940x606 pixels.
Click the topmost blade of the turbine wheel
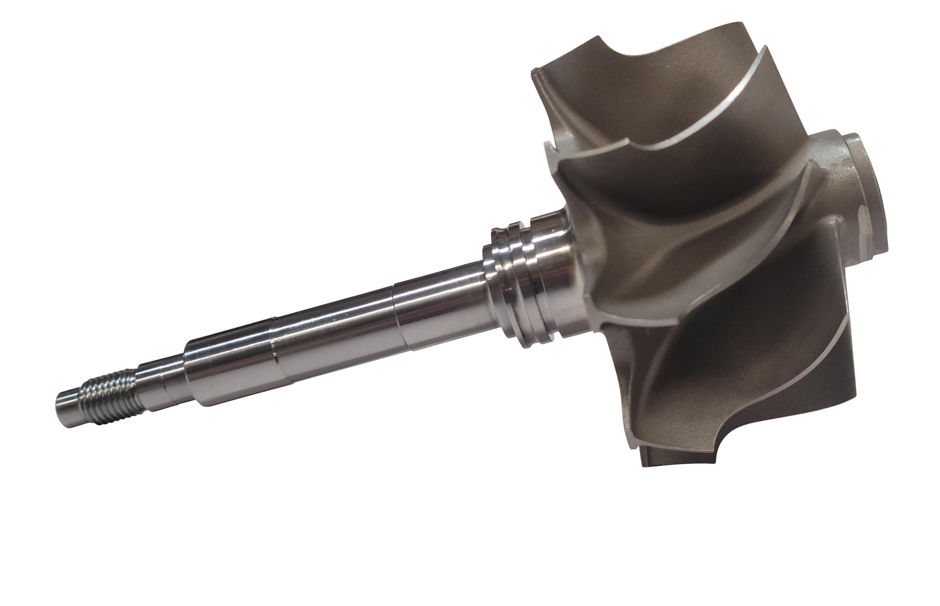tap(651, 78)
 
